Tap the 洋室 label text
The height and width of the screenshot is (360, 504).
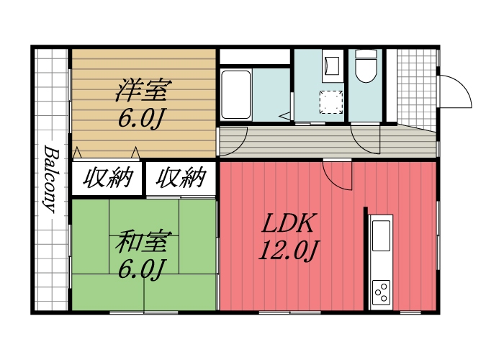pos(144,91)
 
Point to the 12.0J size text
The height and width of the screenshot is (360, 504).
pos(289,250)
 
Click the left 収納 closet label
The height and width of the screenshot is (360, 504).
pos(108,177)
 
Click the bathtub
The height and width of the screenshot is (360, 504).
pos(235,94)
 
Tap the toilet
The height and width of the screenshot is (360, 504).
pos(365,68)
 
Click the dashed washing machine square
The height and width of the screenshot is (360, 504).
pos(331,102)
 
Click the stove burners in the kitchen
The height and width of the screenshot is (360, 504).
pos(381,292)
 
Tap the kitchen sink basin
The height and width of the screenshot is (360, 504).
pos(381,235)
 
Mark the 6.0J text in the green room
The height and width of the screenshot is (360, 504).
pos(143,268)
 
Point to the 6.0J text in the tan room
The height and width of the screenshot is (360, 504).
pos(143,117)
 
